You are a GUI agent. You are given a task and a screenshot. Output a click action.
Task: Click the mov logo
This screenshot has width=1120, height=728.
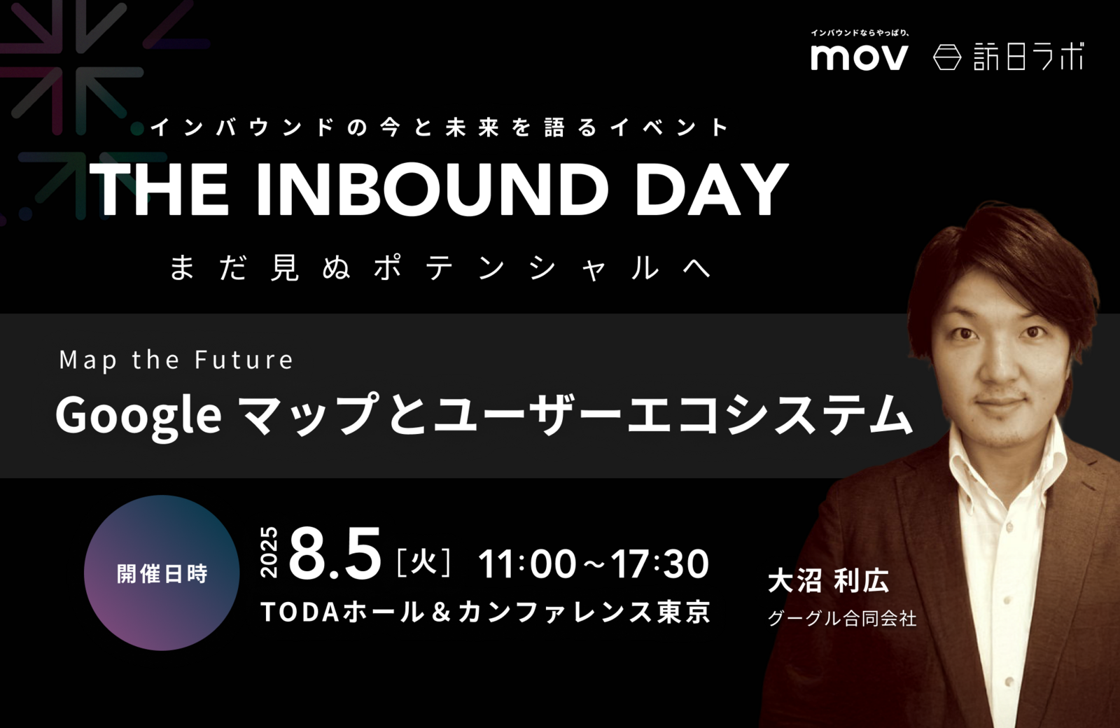[x=859, y=57]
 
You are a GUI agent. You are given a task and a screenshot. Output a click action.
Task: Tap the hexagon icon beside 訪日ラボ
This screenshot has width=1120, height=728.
[x=947, y=57]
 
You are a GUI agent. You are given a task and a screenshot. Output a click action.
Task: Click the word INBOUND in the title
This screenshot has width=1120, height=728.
[x=433, y=190]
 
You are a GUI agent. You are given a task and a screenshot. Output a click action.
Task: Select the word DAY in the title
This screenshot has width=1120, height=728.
[x=710, y=190]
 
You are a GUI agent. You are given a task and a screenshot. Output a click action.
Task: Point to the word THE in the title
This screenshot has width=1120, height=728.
[x=160, y=190]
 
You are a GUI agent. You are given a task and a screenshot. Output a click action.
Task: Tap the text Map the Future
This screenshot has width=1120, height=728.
[x=176, y=360]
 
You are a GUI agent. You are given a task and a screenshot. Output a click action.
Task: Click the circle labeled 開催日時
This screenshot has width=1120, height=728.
[x=162, y=573]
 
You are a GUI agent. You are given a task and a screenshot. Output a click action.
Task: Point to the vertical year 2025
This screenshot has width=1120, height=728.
[x=269, y=552]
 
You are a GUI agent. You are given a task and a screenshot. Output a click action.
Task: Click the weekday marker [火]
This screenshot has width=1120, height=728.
[x=423, y=563]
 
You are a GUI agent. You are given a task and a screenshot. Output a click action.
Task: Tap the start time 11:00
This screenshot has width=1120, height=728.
[x=527, y=563]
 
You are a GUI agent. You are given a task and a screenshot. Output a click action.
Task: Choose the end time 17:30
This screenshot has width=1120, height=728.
[x=659, y=563]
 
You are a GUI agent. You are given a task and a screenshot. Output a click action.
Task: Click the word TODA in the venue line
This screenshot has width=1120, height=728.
[x=300, y=612]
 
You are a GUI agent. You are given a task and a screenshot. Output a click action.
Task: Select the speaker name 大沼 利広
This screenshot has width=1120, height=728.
[x=828, y=580]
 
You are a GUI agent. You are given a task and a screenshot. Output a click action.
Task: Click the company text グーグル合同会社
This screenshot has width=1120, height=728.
[x=842, y=619]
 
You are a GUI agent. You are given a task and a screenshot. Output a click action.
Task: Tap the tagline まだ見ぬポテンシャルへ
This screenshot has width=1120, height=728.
[x=440, y=268]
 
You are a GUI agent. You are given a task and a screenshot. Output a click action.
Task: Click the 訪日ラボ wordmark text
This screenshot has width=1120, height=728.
[x=1028, y=57]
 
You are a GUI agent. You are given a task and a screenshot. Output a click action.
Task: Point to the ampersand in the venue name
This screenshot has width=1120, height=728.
[x=441, y=612]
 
